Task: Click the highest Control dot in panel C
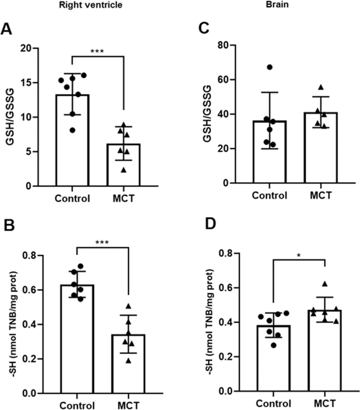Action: click(x=269, y=67)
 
